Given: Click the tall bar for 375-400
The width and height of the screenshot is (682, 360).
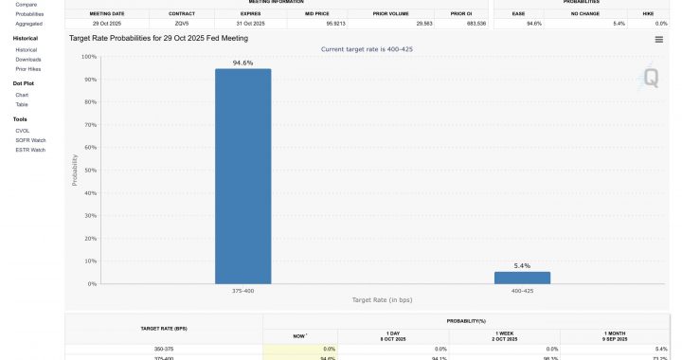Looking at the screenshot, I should click(242, 176).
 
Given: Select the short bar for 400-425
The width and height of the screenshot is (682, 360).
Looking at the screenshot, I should click(522, 278).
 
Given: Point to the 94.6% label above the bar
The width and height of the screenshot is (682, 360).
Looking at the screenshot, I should click(242, 62).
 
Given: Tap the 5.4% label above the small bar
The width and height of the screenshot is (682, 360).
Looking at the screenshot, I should click(522, 265).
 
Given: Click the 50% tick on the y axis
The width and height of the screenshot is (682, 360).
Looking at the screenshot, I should click(91, 171).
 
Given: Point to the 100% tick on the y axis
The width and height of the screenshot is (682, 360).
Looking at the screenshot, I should click(90, 57).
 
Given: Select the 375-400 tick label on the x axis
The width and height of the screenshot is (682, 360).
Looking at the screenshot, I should click(242, 291).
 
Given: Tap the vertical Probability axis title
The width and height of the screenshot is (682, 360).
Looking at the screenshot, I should click(76, 171).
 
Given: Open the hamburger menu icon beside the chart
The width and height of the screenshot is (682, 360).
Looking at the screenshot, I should click(658, 40).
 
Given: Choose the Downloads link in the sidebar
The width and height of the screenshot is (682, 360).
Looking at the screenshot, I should click(28, 59).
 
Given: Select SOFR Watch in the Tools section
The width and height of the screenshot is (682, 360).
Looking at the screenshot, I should click(31, 140).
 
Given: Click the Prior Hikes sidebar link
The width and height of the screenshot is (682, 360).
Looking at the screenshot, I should click(28, 69).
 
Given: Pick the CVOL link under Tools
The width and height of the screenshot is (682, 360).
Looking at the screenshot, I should click(23, 130).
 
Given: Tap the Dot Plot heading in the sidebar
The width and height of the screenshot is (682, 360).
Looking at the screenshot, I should click(24, 83).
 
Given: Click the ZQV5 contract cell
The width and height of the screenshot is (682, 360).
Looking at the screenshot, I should click(183, 22).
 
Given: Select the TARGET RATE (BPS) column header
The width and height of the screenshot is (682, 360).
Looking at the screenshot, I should click(163, 328).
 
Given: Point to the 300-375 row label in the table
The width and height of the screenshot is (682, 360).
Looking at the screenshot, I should click(163, 350).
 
